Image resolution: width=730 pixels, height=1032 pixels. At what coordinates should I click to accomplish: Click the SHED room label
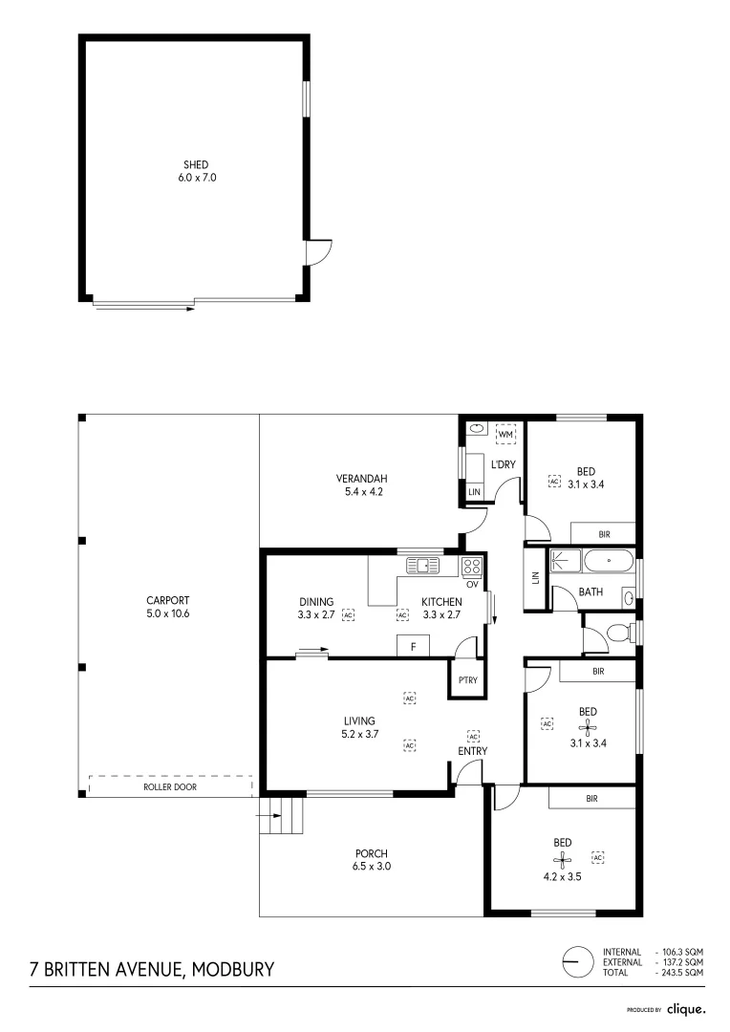click(195, 165)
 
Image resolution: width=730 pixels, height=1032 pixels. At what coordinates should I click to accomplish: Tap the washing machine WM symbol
click(505, 435)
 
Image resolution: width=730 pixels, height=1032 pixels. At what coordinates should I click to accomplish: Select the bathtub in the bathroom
click(608, 562)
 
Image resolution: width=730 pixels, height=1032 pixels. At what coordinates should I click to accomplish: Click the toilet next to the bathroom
click(617, 633)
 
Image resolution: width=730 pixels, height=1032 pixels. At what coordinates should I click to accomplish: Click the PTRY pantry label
click(468, 680)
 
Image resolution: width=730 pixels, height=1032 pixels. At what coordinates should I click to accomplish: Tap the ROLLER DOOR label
click(169, 787)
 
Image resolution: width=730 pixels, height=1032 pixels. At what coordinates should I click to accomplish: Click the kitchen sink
click(421, 565)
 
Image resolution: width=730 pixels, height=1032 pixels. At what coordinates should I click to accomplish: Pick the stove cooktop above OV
click(472, 565)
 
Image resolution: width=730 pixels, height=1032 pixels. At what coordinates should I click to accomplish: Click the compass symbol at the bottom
click(577, 961)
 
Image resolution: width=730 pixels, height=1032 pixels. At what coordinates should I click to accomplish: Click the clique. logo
click(686, 1008)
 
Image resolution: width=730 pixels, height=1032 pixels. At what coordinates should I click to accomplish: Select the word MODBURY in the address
click(233, 969)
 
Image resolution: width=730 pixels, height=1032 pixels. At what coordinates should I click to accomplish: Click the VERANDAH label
click(360, 479)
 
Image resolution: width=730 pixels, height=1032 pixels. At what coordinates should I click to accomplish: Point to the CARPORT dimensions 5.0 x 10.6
click(167, 613)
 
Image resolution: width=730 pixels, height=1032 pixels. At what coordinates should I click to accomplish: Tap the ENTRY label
click(472, 751)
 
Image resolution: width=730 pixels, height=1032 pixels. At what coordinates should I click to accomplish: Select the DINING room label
click(315, 602)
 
